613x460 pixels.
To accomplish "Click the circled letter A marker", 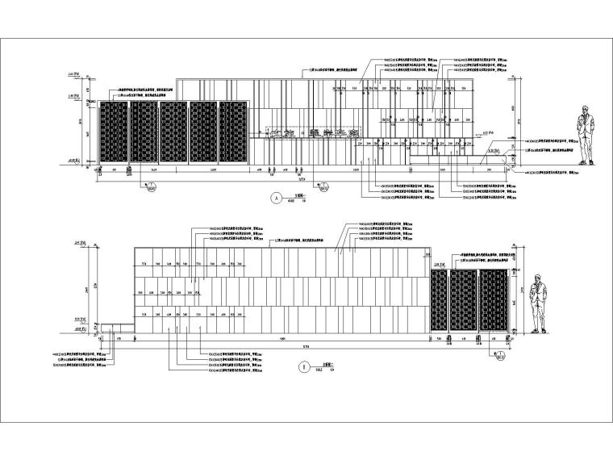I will (x=277, y=199).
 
